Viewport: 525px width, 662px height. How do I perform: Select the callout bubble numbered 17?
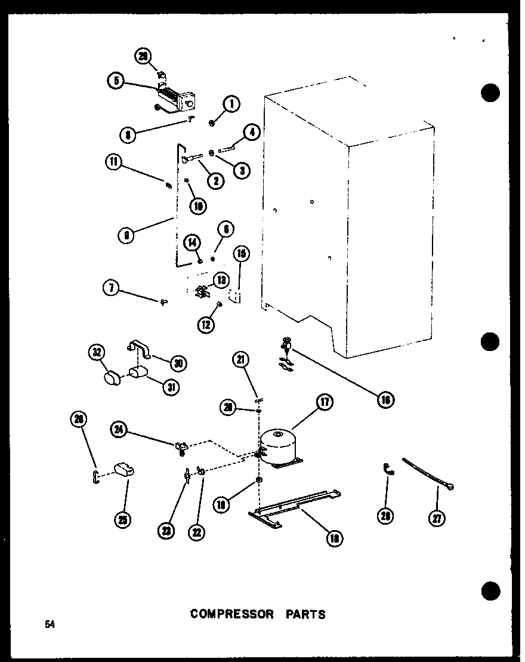[x=325, y=402]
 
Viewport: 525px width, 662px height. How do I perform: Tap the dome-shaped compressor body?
[x=279, y=445]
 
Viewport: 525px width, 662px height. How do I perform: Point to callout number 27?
[x=438, y=518]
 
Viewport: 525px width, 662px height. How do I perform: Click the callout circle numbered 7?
[x=110, y=288]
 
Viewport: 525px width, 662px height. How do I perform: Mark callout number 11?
[x=114, y=161]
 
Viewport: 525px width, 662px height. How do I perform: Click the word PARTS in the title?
[x=305, y=614]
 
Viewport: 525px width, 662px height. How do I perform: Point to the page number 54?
[x=49, y=624]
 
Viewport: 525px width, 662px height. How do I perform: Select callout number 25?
[x=123, y=519]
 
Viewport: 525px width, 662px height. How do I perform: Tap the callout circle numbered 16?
[x=385, y=400]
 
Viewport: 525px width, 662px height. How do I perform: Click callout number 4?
[x=252, y=133]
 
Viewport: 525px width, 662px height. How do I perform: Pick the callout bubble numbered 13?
[x=223, y=279]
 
